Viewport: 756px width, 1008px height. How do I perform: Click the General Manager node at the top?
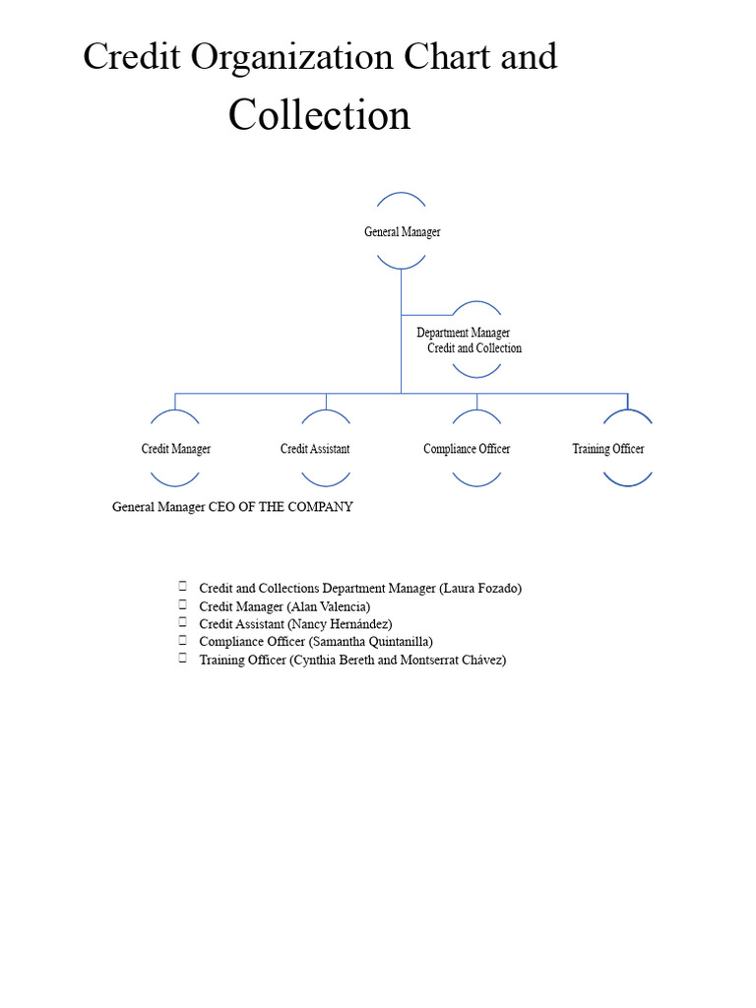pyautogui.click(x=403, y=231)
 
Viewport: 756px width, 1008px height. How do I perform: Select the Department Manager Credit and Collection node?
pyautogui.click(x=470, y=340)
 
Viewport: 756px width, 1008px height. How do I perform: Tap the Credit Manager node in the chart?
pyautogui.click(x=175, y=449)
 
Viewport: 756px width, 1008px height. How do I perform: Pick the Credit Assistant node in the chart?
pyautogui.click(x=315, y=449)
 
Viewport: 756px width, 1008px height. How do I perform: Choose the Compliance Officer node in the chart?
pyautogui.click(x=467, y=449)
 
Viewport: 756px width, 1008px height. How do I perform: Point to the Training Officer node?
pyautogui.click(x=608, y=449)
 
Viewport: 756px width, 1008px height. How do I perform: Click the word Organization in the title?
pyautogui.click(x=291, y=57)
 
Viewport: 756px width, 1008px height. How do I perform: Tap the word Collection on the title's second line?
pyautogui.click(x=320, y=115)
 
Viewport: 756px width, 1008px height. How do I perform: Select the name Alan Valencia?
pyautogui.click(x=329, y=606)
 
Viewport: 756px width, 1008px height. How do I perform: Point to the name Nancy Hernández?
pyautogui.click(x=340, y=623)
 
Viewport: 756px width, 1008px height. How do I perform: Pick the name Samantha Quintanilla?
pyautogui.click(x=371, y=642)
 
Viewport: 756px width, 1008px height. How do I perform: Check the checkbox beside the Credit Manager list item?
pyautogui.click(x=182, y=604)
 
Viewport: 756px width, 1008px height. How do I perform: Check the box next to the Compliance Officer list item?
pyautogui.click(x=182, y=640)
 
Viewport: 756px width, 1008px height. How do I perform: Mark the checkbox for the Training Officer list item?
pyautogui.click(x=182, y=658)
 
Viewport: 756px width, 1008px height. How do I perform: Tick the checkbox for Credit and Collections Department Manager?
pyautogui.click(x=182, y=586)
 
